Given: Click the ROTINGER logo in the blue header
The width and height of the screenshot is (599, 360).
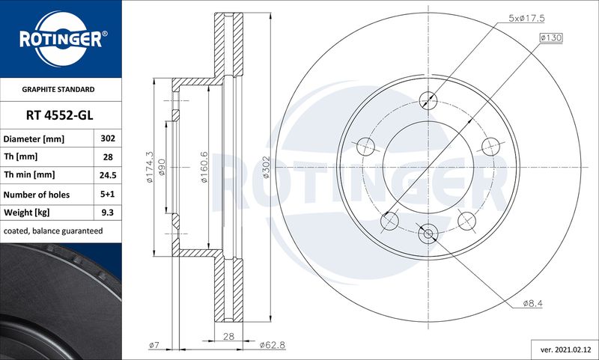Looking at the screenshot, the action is click(61, 39).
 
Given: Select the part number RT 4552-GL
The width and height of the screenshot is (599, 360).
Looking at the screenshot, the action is click(60, 115).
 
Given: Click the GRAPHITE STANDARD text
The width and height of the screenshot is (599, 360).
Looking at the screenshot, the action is click(58, 90).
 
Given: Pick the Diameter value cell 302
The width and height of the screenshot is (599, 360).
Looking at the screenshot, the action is click(108, 138).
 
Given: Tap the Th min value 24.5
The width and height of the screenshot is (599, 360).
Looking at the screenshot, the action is click(108, 175).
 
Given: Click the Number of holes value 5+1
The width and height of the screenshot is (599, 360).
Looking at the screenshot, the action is click(108, 194).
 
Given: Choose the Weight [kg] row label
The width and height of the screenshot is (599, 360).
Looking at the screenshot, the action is click(26, 213).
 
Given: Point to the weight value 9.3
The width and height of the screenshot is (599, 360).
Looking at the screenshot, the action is click(108, 213).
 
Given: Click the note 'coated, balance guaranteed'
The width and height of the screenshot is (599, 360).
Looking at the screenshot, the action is click(53, 231).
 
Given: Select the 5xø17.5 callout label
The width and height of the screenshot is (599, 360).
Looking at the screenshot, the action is click(526, 18).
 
